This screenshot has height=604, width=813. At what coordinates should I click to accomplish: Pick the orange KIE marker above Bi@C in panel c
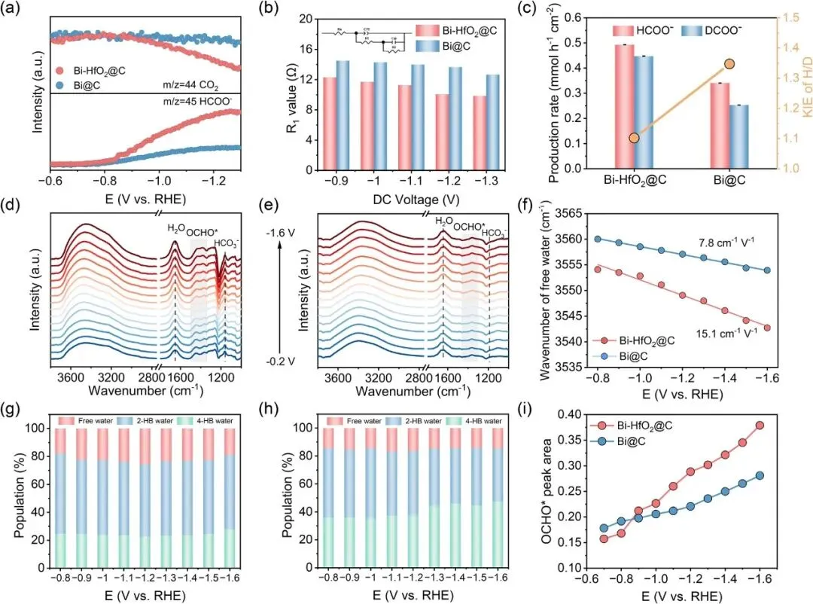(x=729, y=65)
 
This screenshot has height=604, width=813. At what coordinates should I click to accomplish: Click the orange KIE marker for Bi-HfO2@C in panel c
(x=634, y=138)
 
